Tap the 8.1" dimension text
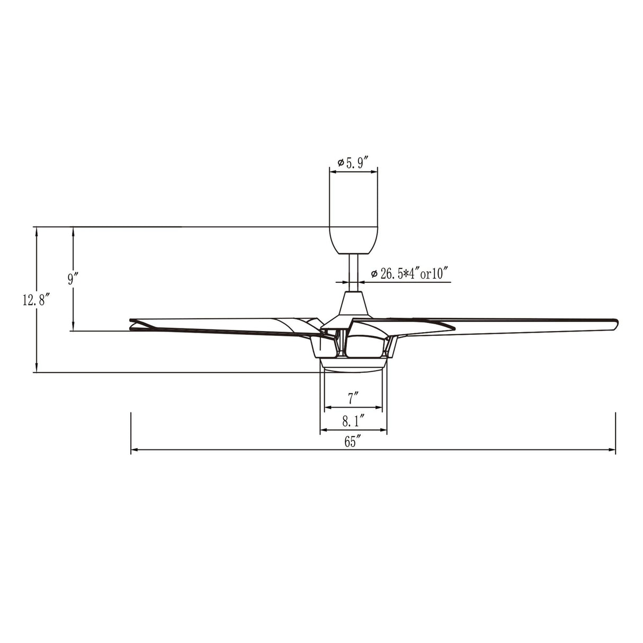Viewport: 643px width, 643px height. [352, 422]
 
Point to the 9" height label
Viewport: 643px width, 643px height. [73, 279]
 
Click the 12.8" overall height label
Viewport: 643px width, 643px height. [35, 301]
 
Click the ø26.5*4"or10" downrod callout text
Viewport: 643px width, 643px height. [410, 274]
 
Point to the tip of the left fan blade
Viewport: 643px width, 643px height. [132, 325]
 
